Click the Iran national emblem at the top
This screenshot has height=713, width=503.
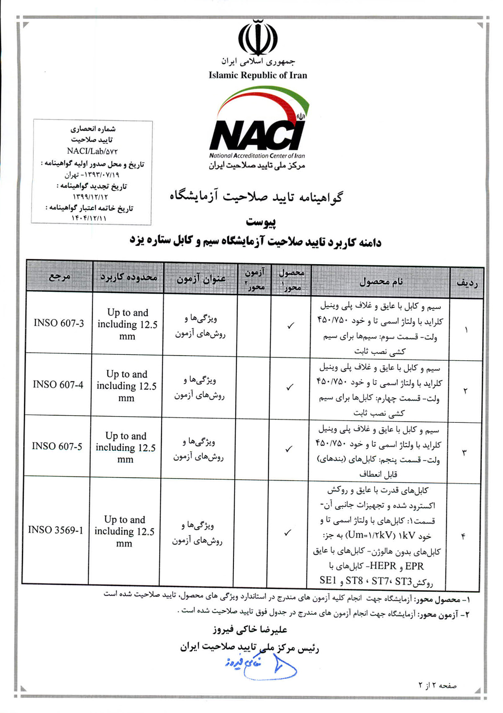(x=258, y=37)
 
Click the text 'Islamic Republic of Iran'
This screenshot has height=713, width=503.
(x=258, y=75)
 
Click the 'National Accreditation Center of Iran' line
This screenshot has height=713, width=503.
(x=257, y=156)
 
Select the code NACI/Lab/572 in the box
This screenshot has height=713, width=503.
(x=92, y=151)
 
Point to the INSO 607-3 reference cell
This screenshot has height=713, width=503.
(x=59, y=323)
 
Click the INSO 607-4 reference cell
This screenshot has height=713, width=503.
(x=58, y=385)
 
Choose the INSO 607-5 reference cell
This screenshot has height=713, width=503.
(x=57, y=446)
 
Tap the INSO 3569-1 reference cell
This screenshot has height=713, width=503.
(x=55, y=530)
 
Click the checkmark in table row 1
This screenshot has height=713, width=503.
(x=290, y=325)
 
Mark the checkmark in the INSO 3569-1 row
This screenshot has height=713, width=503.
(x=287, y=533)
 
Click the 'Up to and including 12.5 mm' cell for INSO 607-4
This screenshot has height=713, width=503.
(x=127, y=386)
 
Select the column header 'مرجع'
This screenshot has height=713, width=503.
(x=60, y=277)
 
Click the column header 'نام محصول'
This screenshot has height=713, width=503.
(x=381, y=281)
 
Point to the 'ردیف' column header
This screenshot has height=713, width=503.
(x=467, y=283)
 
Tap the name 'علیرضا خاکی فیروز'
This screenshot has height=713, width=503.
(x=250, y=630)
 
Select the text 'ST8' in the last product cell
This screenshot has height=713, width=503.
(x=354, y=581)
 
